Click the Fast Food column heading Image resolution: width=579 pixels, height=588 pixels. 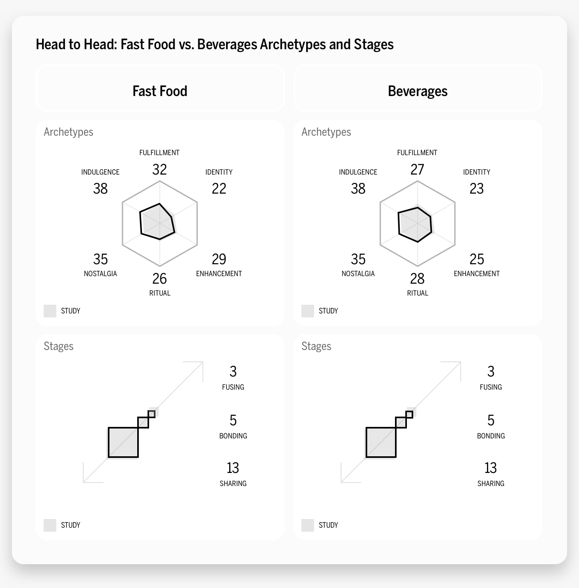click(160, 91)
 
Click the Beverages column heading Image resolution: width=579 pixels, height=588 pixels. click(418, 91)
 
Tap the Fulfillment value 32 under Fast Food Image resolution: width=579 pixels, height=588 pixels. click(159, 169)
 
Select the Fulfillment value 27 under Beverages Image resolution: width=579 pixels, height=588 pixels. click(417, 169)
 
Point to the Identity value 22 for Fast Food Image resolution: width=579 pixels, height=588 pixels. click(219, 188)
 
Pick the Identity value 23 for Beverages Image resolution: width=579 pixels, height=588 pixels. click(477, 188)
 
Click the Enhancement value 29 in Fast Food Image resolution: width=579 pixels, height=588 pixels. click(219, 259)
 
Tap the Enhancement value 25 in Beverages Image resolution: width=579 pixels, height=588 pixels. click(477, 259)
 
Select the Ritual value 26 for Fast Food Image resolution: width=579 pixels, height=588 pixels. click(159, 279)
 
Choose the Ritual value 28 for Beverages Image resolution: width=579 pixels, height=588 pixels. click(417, 279)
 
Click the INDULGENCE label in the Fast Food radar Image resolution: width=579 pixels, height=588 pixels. click(100, 172)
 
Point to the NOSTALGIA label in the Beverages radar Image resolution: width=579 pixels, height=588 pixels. click(358, 274)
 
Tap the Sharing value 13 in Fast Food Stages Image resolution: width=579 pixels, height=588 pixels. click(233, 468)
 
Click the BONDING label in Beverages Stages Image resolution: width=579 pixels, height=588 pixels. click(491, 436)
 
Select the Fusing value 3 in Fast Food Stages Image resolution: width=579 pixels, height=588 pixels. click(233, 371)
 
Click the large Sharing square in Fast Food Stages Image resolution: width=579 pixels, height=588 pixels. click(123, 442)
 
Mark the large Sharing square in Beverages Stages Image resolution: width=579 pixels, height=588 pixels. click(381, 442)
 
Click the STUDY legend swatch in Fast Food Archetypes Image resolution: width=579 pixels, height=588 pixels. click(50, 311)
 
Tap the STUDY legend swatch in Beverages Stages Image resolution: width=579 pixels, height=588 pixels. click(308, 525)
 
